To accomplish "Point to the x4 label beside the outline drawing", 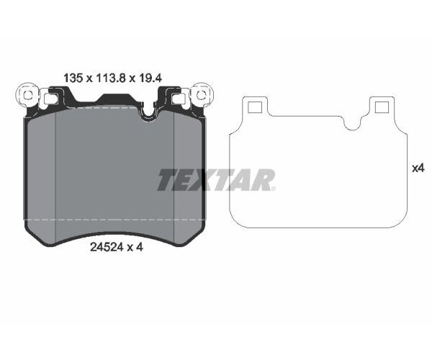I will [418, 168].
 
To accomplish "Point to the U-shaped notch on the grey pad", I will [150, 111].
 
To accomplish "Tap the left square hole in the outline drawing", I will [253, 107].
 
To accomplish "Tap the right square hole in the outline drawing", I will [381, 107].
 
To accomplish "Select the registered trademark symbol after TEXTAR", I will [274, 189].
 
